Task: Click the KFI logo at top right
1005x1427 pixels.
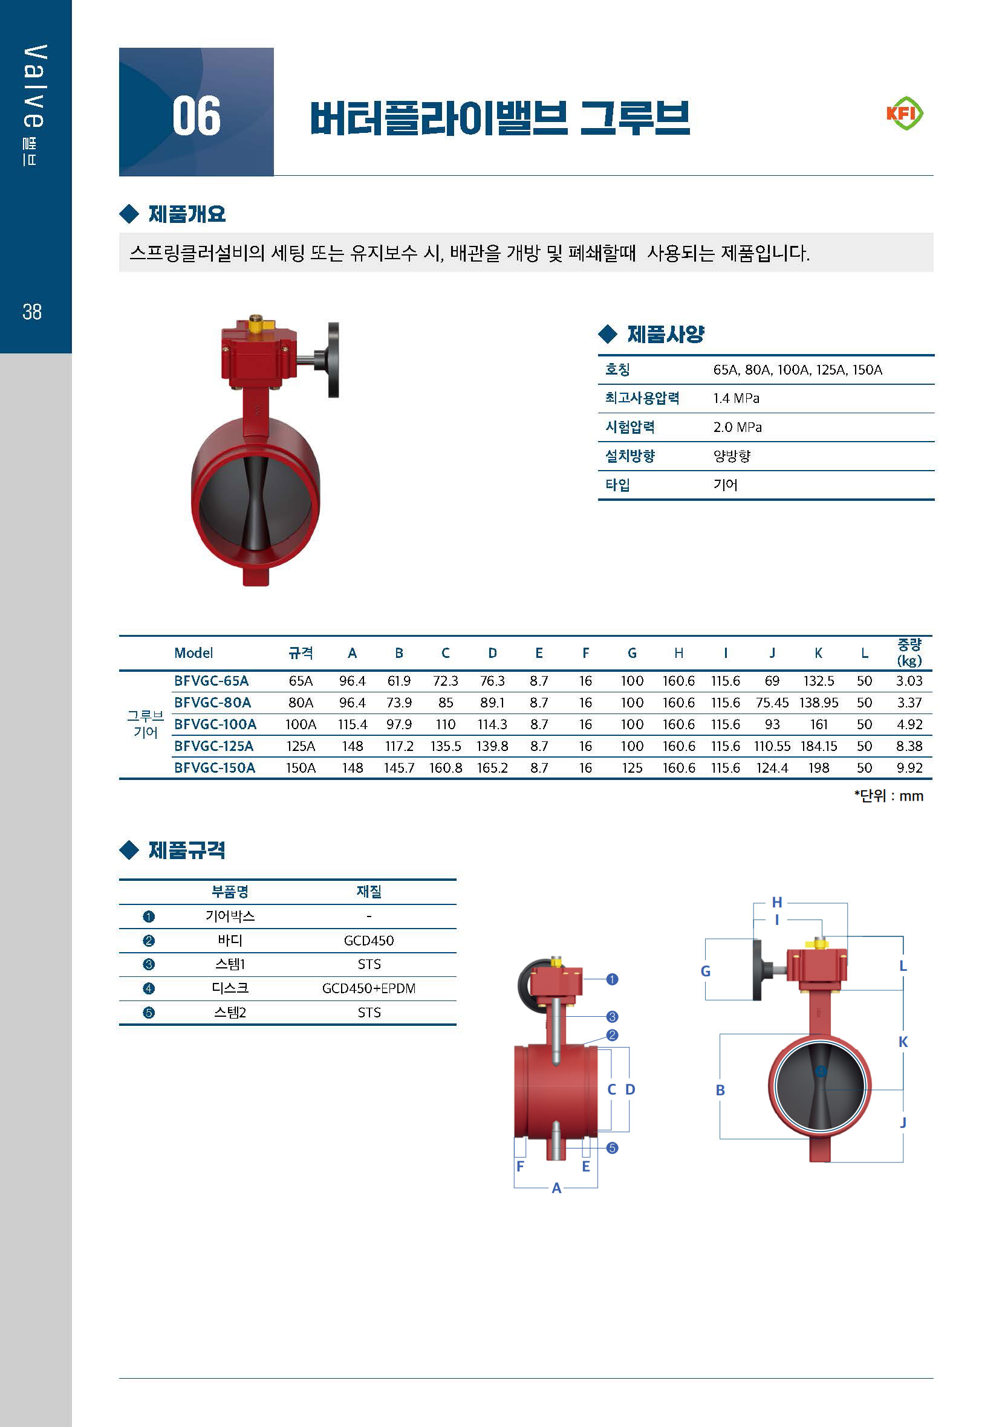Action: click(904, 113)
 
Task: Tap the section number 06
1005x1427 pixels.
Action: click(197, 116)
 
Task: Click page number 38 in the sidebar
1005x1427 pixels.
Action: click(32, 311)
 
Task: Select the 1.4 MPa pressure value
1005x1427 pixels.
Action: click(736, 398)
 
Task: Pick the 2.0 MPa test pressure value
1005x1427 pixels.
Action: click(737, 427)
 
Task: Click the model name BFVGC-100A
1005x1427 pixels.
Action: click(215, 724)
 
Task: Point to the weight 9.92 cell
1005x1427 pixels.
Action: click(909, 768)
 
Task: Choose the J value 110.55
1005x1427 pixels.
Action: click(772, 746)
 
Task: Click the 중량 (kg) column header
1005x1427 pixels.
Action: click(909, 652)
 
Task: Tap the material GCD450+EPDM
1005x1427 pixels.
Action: click(369, 988)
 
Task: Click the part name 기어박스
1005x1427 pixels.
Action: click(230, 916)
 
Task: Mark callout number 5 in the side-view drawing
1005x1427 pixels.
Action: click(612, 1148)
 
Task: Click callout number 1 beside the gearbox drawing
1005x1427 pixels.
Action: click(612, 979)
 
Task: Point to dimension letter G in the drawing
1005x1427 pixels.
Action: click(705, 971)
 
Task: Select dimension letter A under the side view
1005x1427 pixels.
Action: click(556, 1188)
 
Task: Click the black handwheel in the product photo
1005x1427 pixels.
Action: click(333, 360)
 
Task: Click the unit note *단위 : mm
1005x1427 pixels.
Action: click(888, 796)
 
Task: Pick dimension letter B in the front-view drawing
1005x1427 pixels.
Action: click(720, 1089)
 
